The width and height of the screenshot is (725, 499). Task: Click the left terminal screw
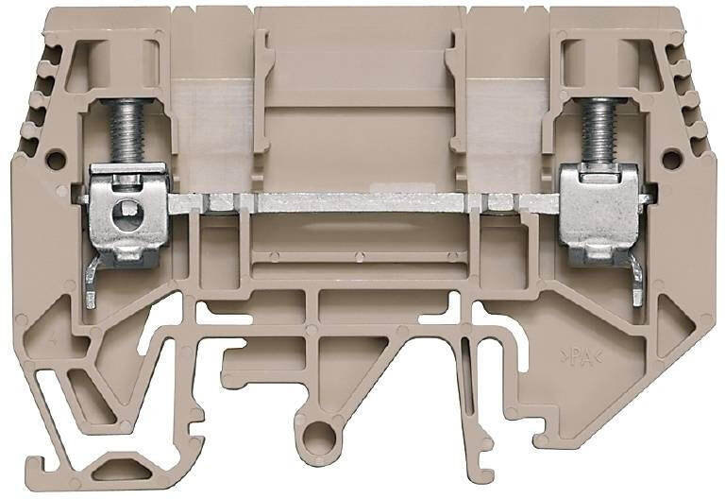pyautogui.click(x=126, y=131)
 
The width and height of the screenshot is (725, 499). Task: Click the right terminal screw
pyautogui.click(x=599, y=131)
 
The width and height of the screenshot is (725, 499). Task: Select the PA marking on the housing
pyautogui.click(x=582, y=356)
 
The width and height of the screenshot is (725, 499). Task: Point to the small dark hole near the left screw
pyautogui.click(x=56, y=159)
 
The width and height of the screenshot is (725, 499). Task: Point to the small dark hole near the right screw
pyautogui.click(x=671, y=159)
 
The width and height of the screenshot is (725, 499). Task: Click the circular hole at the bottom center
pyautogui.click(x=319, y=435)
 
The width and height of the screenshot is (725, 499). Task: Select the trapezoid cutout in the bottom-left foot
pyautogui.click(x=122, y=472)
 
